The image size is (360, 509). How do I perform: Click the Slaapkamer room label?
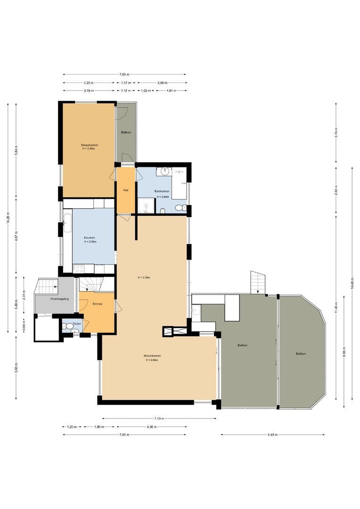(x=89, y=145)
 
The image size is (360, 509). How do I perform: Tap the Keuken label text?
(x=90, y=238)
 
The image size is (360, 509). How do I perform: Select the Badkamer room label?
(x=162, y=191)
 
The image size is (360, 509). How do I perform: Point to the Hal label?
(x=126, y=190)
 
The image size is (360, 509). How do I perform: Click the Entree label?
(x=98, y=304)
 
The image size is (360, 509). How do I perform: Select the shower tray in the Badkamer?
(x=147, y=206)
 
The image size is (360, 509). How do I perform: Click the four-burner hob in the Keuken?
(x=79, y=269)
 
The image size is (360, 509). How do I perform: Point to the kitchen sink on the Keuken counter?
(x=66, y=221)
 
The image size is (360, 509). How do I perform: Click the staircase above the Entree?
(x=92, y=284)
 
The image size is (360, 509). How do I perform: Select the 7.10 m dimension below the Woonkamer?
(x=158, y=419)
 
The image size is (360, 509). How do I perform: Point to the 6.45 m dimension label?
(x=273, y=435)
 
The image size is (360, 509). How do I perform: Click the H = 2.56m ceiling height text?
(x=144, y=278)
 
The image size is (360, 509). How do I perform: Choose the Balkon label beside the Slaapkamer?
(x=126, y=132)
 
